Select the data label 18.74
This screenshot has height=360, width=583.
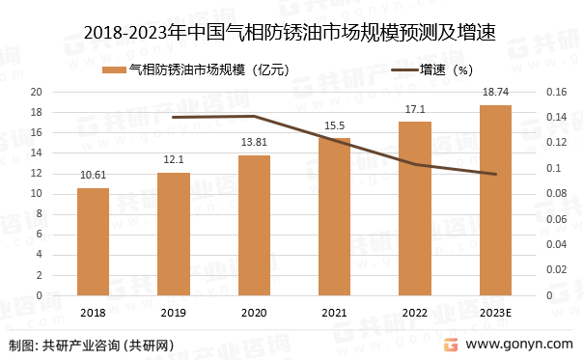495,92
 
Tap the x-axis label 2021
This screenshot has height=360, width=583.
335,312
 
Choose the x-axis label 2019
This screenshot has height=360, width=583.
174,312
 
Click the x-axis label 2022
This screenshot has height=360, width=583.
415,312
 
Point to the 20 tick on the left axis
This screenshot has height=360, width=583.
36,92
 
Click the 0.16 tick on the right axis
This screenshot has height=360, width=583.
557,92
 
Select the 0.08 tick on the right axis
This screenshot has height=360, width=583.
557,194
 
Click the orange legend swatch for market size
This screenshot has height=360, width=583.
114,69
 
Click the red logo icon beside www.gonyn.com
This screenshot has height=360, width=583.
450,345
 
